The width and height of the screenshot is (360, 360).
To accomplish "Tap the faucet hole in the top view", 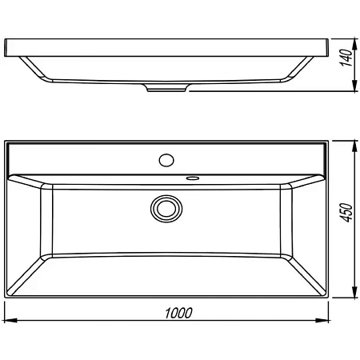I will tap(166, 158).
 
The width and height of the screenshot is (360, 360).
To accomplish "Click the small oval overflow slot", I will tap(193, 178).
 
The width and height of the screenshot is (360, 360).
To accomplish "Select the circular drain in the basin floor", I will tap(166, 208).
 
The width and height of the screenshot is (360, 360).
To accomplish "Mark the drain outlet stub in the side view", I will tap(166, 89).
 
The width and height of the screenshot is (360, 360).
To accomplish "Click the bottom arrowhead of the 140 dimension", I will tap(355, 88).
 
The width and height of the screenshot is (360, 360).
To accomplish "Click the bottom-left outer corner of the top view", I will tap(5, 298).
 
